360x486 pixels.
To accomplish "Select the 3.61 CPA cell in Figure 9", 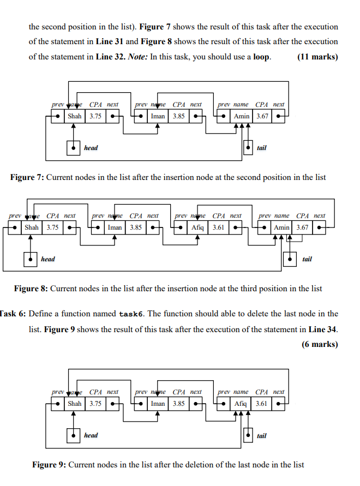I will pyautogui.click(x=261, y=404).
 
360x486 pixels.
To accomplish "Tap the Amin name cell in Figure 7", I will pyautogui.click(x=241, y=116).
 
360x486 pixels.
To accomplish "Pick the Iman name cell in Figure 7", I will pyautogui.click(x=158, y=116).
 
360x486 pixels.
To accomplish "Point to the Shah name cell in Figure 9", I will pyautogui.click(x=75, y=404).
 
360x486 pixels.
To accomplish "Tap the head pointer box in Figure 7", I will pyautogui.click(x=73, y=148).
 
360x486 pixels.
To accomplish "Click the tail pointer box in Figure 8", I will pyautogui.click(x=290, y=259).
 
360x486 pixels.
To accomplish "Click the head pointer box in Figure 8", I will pyautogui.click(x=31, y=259).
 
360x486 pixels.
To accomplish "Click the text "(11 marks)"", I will pyautogui.click(x=317, y=57).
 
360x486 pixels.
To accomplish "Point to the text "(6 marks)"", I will pyautogui.click(x=319, y=344).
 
